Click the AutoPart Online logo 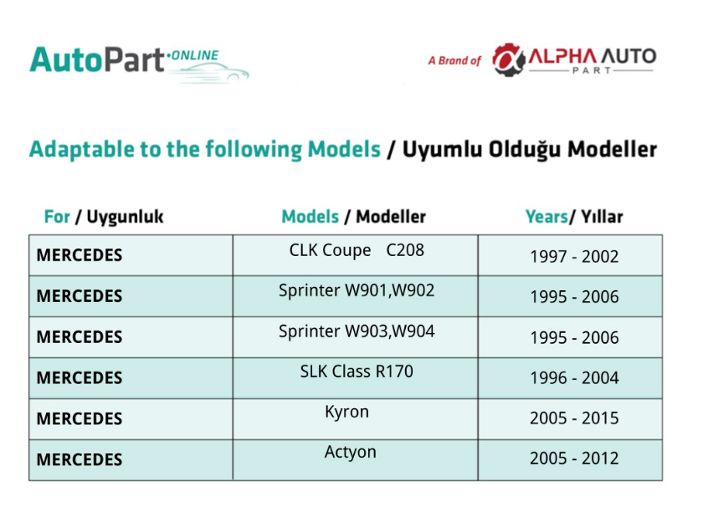(x=139, y=64)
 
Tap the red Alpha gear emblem (x=509, y=59)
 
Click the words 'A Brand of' (x=454, y=60)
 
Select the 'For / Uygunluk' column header (x=104, y=217)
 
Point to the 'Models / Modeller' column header (x=353, y=217)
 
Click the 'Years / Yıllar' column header (x=574, y=217)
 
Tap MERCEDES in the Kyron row (x=79, y=419)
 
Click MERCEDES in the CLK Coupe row (x=79, y=255)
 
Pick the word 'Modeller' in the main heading (x=612, y=150)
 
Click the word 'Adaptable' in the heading (x=82, y=150)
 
